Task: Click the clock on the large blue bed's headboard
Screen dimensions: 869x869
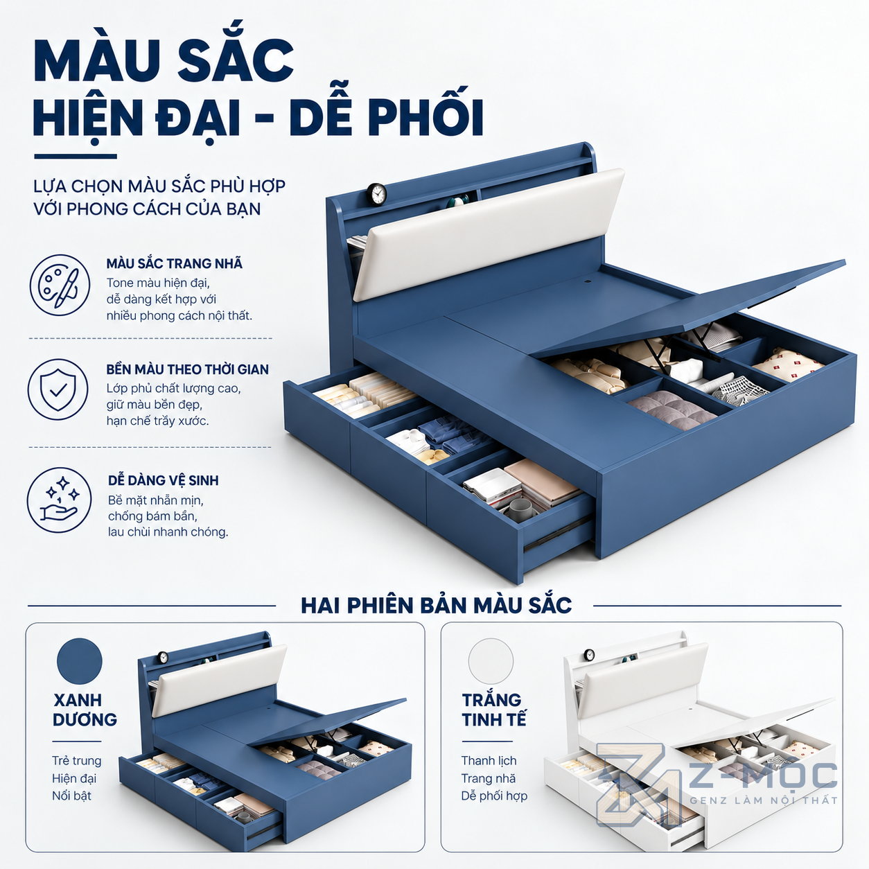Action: [376, 194]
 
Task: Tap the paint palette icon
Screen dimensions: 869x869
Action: [60, 285]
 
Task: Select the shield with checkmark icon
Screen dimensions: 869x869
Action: [59, 389]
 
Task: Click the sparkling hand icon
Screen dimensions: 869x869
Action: [59, 500]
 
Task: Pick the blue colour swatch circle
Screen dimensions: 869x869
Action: [80, 661]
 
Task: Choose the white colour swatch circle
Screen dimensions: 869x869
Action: [491, 661]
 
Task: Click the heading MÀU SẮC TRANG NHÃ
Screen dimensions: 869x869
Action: [175, 263]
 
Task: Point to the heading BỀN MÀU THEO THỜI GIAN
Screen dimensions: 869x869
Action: [188, 369]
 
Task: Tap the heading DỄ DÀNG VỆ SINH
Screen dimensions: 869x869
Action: [164, 480]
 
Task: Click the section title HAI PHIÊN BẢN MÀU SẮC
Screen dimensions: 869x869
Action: [436, 605]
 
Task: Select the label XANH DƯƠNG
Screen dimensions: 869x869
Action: [85, 710]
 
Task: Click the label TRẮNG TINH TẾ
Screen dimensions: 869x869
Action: [494, 710]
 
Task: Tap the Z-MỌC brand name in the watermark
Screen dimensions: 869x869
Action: [763, 775]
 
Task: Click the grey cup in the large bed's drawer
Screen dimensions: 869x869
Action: [522, 509]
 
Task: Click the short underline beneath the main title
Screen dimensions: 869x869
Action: [76, 157]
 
